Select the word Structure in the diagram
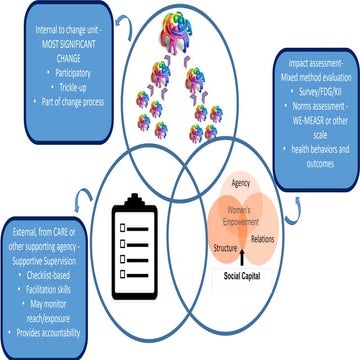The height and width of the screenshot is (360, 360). point(225,246)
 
